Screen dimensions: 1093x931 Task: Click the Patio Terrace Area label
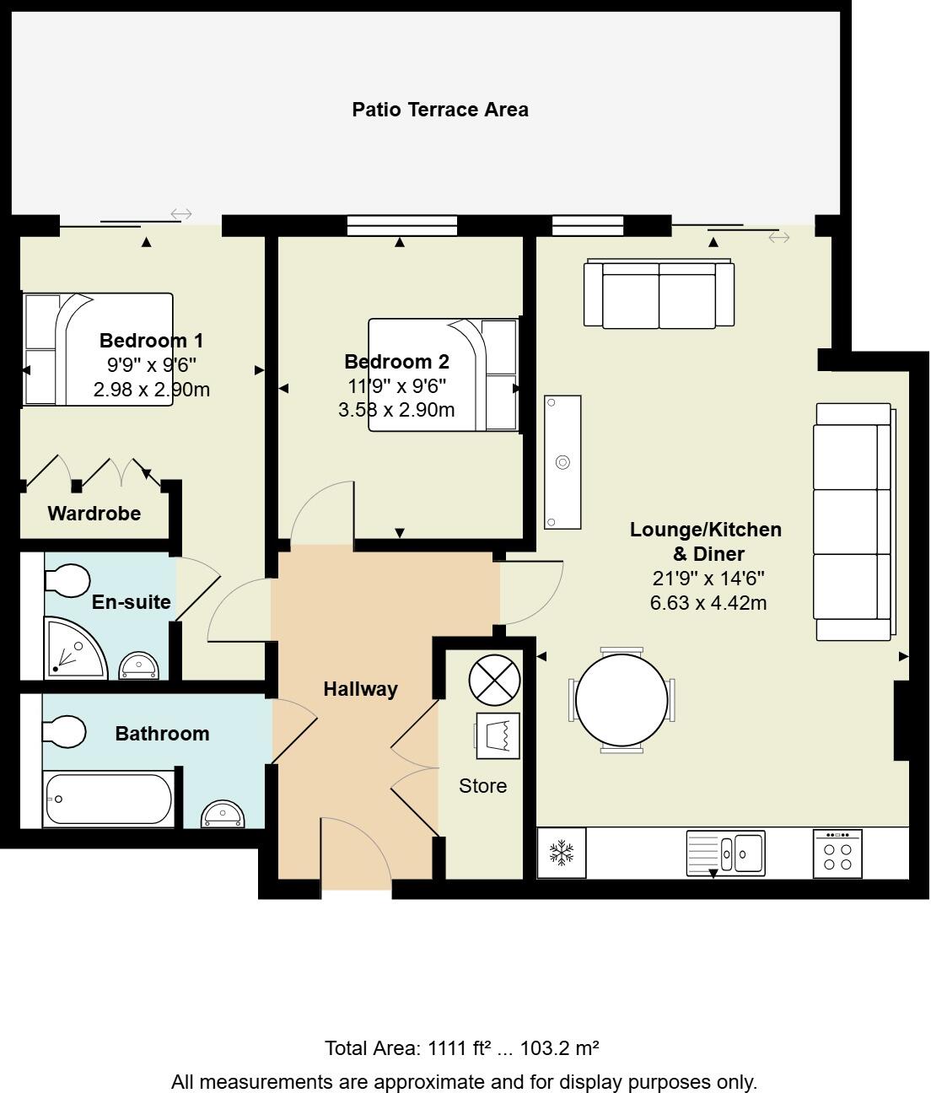tap(439, 110)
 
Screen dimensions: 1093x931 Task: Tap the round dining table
tap(622, 699)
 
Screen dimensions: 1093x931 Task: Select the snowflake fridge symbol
tap(562, 853)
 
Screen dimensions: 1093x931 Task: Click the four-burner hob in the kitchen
tap(837, 854)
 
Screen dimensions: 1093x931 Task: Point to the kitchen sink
tap(724, 852)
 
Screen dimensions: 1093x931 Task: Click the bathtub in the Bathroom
tap(108, 799)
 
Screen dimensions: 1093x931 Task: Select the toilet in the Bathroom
tap(64, 732)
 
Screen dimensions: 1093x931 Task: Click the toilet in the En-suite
tap(68, 580)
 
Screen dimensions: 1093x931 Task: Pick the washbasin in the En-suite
tap(138, 665)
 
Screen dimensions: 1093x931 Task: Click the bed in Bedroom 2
tap(444, 374)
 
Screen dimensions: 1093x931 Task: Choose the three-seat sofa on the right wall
tap(853, 521)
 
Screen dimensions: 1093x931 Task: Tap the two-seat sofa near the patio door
tap(659, 294)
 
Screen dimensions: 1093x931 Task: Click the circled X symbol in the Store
tap(494, 680)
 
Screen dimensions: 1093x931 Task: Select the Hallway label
tap(360, 689)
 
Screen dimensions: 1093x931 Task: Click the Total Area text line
tap(462, 1048)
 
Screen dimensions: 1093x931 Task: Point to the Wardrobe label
tap(94, 514)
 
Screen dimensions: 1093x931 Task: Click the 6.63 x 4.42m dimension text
tap(708, 603)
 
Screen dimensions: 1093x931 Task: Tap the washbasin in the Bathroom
tap(223, 816)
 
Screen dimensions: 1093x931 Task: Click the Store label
tap(482, 786)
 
